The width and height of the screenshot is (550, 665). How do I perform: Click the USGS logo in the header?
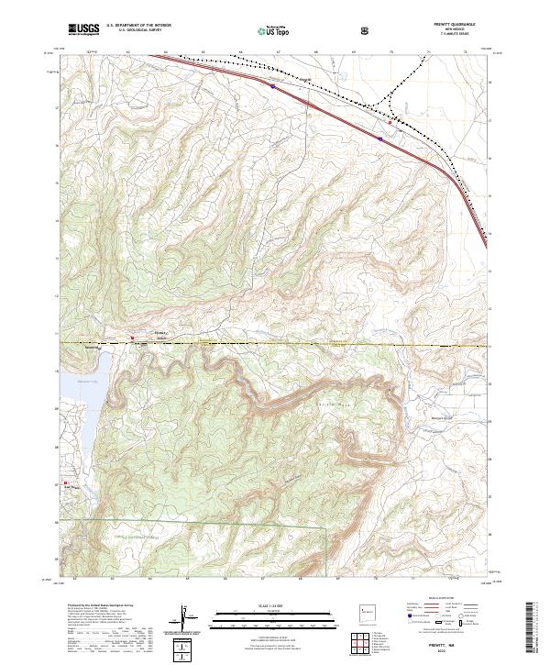[x=83, y=30]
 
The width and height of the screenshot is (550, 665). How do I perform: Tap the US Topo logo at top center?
[x=268, y=30]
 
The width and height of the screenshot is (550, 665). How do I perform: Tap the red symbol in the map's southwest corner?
[x=65, y=484]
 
